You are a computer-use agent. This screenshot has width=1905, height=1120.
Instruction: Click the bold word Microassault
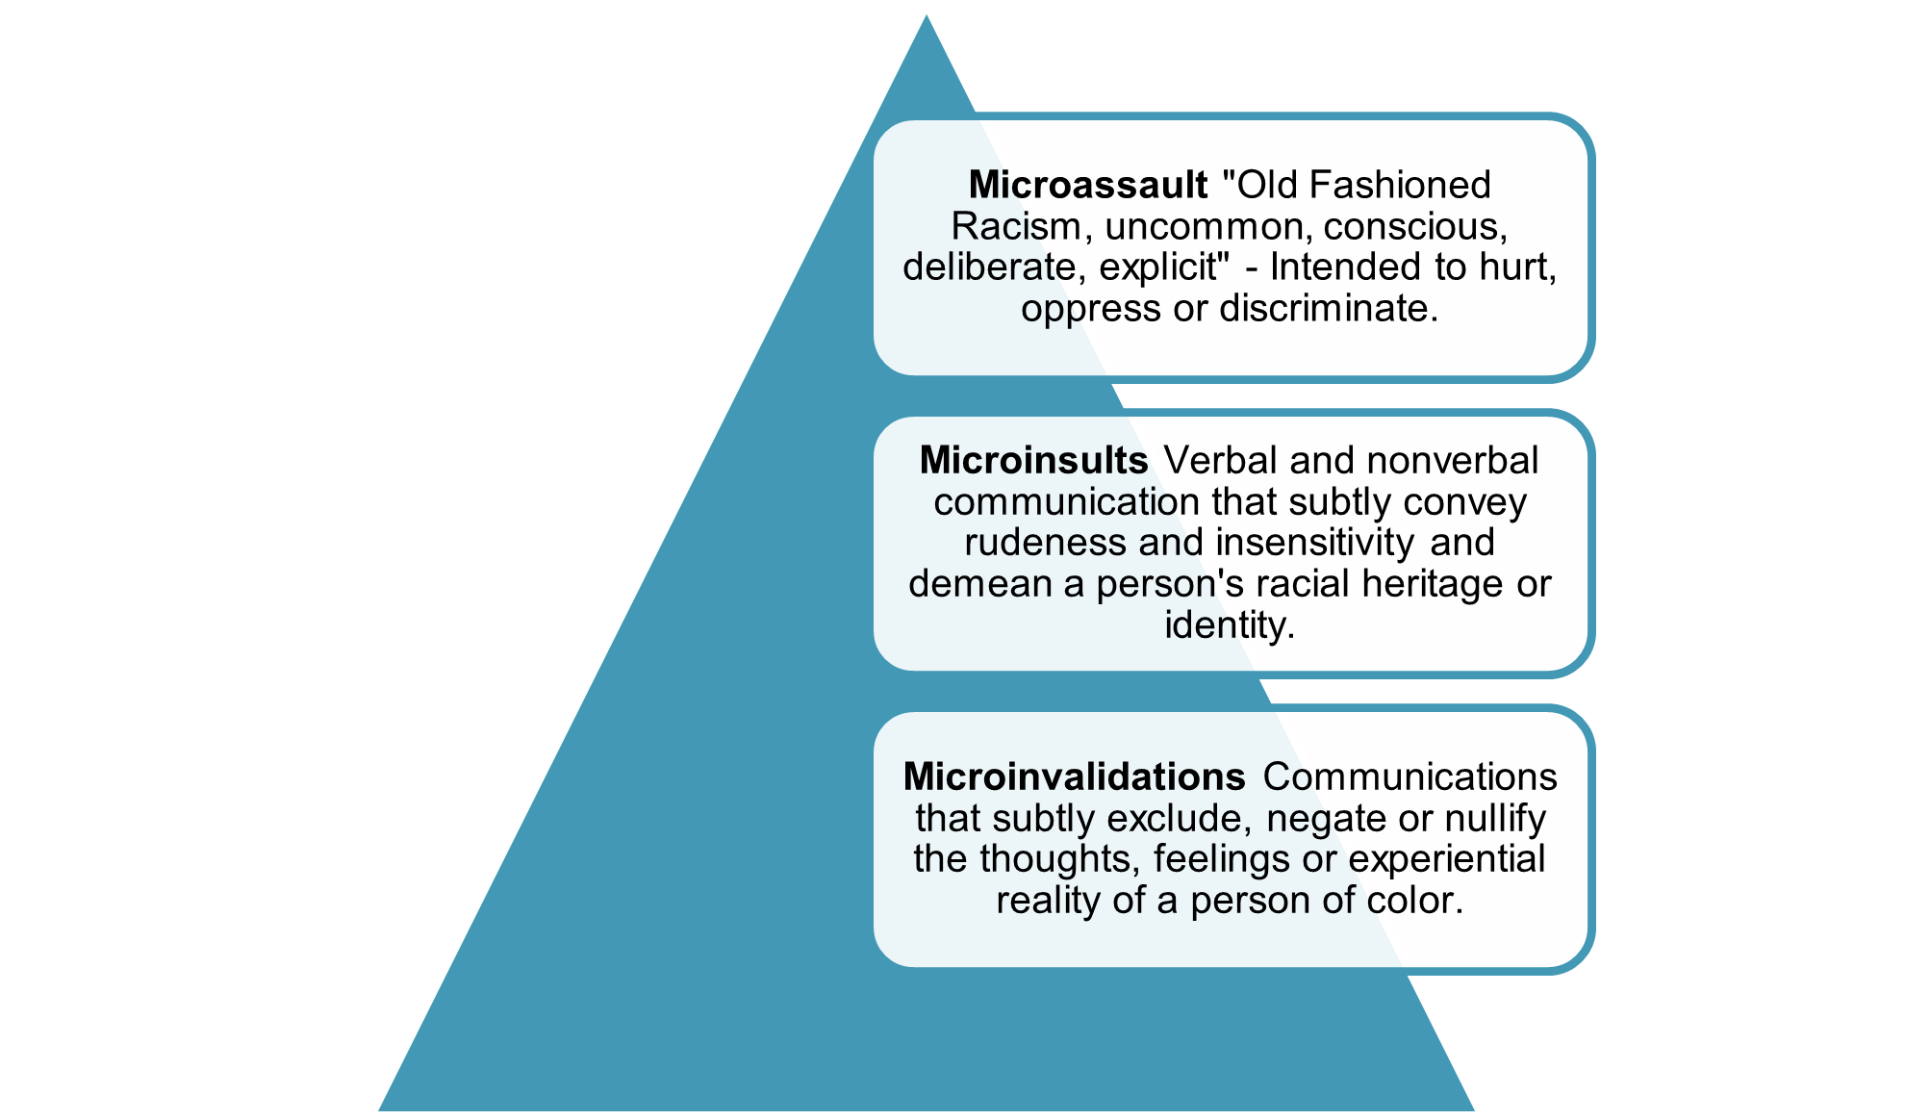pos(1088,185)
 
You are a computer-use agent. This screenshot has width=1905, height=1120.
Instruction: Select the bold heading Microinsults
pos(1033,461)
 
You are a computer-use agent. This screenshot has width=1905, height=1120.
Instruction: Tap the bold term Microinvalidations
pos(1075,776)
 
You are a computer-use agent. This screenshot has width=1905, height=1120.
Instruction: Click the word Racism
pos(1022,227)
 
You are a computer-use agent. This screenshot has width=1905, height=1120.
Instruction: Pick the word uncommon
pos(1208,227)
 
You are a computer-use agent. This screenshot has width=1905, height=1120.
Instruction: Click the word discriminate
pos(1329,309)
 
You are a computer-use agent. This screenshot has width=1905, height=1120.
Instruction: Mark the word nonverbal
pos(1453,461)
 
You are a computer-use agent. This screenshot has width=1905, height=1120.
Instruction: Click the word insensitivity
pos(1314,543)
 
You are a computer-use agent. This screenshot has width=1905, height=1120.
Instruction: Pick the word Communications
pos(1410,776)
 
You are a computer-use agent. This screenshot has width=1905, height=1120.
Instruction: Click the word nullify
pos(1495,819)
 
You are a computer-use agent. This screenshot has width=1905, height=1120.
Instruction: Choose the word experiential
pos(1447,859)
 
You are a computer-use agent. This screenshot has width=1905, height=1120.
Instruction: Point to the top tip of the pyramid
pos(927,15)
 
